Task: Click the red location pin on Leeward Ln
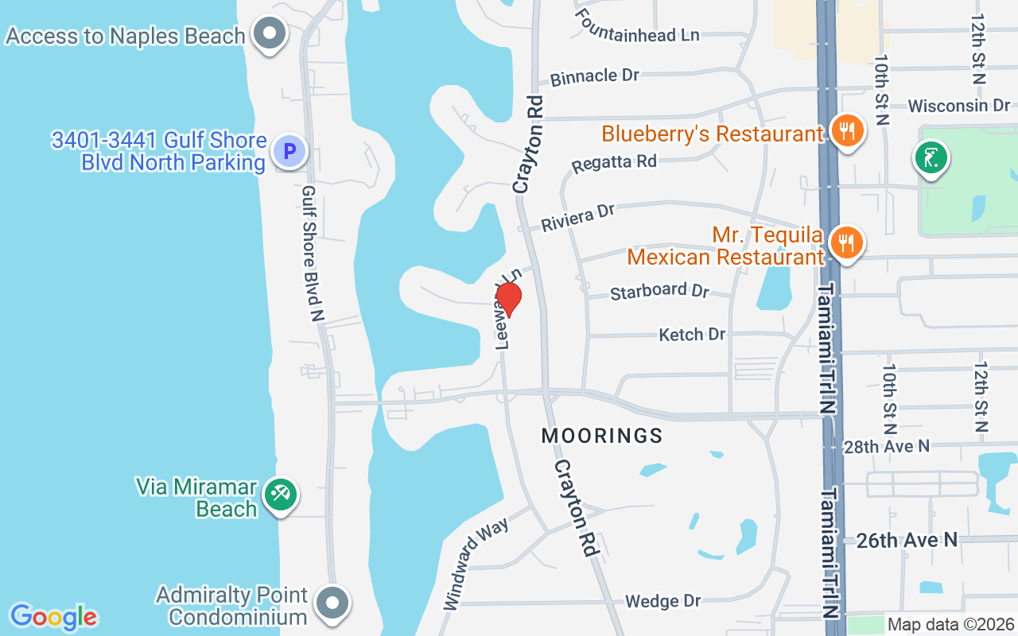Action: [508, 299]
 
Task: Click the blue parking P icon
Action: [289, 150]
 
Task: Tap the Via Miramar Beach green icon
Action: [280, 495]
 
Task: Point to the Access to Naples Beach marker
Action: [270, 34]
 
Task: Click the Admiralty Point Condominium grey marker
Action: [332, 603]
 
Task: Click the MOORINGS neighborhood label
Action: [602, 436]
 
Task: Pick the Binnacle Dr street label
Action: [595, 76]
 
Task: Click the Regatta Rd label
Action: [614, 163]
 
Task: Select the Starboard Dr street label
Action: [659, 291]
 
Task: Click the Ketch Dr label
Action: [692, 335]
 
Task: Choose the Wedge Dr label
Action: [662, 601]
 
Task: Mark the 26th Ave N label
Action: [907, 541]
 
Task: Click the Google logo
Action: [53, 617]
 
